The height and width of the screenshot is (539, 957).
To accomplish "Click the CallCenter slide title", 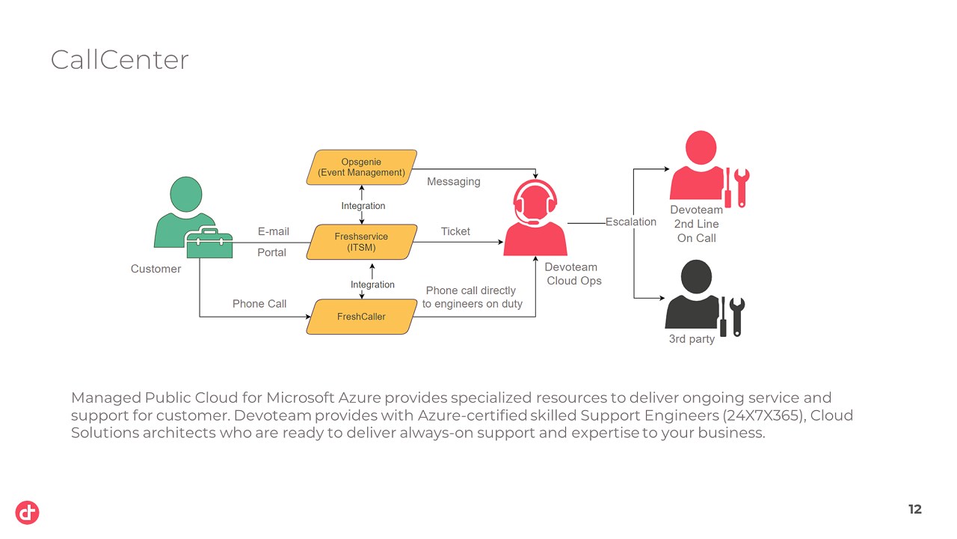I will tap(120, 60).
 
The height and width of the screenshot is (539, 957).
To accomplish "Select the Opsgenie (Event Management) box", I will tap(362, 167).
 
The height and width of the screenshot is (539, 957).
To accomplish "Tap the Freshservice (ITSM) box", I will tap(362, 242).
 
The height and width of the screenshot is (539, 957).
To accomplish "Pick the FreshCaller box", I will tap(362, 317).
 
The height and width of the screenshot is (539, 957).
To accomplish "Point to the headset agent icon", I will tap(535, 218).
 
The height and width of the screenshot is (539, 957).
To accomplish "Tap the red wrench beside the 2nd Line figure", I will tap(742, 187).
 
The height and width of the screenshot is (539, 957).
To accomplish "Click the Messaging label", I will tap(454, 182).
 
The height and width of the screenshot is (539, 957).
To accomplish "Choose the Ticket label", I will tap(455, 231).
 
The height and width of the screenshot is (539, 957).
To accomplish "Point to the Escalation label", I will tap(630, 222).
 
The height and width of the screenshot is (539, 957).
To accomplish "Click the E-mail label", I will tap(273, 231).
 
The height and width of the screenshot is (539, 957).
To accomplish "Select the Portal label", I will tap(271, 252).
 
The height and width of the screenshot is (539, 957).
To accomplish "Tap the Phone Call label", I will tap(259, 303).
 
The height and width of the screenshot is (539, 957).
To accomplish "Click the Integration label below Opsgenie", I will tap(363, 206).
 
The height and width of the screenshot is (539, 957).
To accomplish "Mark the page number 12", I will tap(914, 510).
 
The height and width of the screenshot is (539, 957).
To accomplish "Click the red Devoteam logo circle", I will tap(28, 513).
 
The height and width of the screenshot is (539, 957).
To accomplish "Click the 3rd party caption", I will tap(692, 339).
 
